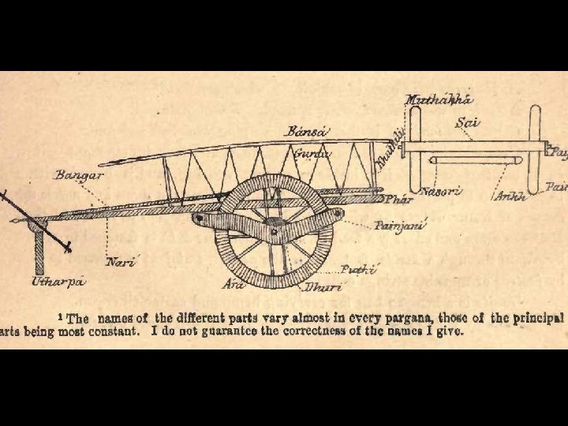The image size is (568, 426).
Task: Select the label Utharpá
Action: (58, 280)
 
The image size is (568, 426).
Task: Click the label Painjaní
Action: (400, 226)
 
